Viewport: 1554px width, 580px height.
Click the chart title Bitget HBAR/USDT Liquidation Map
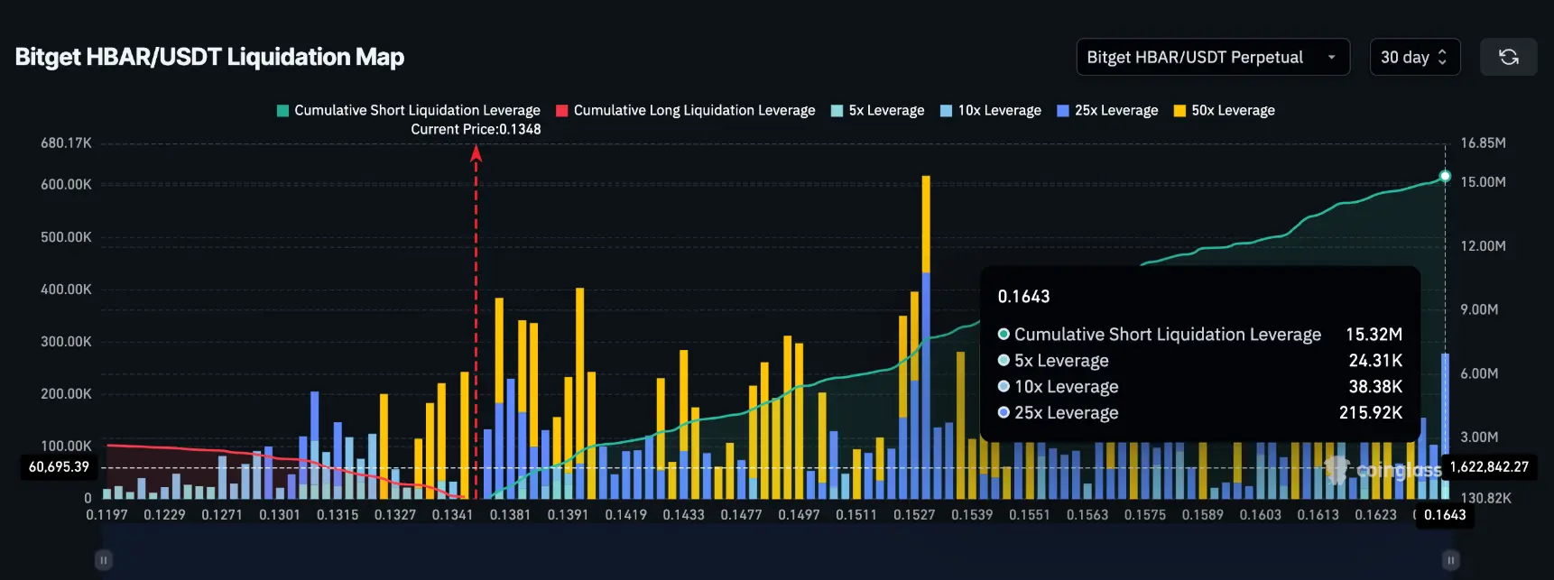pyautogui.click(x=209, y=57)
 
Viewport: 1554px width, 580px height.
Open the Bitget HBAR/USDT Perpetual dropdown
pyautogui.click(x=1212, y=57)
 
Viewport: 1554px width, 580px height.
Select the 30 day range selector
pyautogui.click(x=1413, y=57)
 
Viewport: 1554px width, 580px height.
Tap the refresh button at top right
pyautogui.click(x=1508, y=57)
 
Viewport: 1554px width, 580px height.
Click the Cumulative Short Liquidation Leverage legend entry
pyautogui.click(x=409, y=110)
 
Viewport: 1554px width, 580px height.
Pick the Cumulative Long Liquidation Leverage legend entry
pyautogui.click(x=686, y=110)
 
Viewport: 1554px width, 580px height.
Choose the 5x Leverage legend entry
pyautogui.click(x=877, y=110)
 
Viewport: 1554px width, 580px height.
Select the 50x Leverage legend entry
pyautogui.click(x=1225, y=110)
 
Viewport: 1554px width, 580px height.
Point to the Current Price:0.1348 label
pyautogui.click(x=476, y=129)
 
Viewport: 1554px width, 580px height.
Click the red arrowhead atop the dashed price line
pyautogui.click(x=476, y=154)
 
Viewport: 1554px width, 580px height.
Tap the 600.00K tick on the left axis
pyautogui.click(x=66, y=184)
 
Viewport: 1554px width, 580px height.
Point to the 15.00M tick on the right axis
pyautogui.click(x=1483, y=182)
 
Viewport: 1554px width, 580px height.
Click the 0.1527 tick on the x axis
pyautogui.click(x=914, y=514)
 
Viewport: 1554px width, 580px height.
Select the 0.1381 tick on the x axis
pyautogui.click(x=510, y=514)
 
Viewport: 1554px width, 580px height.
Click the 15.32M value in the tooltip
pyautogui.click(x=1374, y=334)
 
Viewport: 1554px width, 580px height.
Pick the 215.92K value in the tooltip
pyautogui.click(x=1370, y=412)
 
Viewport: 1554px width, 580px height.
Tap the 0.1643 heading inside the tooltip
pyautogui.click(x=1023, y=297)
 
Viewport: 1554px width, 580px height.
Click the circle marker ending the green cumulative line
pyautogui.click(x=1445, y=176)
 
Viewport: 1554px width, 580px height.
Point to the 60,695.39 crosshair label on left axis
pyautogui.click(x=60, y=466)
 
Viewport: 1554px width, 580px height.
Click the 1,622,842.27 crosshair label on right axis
pyautogui.click(x=1489, y=466)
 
